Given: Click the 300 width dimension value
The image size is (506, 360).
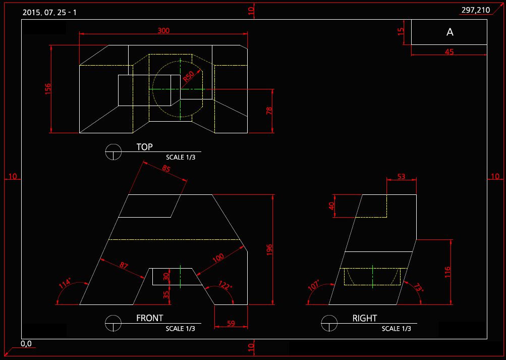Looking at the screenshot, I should click(x=163, y=30).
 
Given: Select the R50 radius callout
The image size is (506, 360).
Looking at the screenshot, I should click(x=188, y=77).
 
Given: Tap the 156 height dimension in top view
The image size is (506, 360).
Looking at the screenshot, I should click(x=48, y=89).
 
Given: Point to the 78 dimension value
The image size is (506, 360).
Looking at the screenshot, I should click(x=269, y=111).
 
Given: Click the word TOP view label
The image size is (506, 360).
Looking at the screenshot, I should click(x=144, y=147).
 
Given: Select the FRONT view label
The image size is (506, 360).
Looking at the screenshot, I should click(x=150, y=318).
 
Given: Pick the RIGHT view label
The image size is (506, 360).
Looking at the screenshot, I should click(x=365, y=318).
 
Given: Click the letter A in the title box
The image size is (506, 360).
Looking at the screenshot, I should click(x=450, y=32).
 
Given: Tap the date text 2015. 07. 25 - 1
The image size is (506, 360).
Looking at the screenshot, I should click(x=49, y=12).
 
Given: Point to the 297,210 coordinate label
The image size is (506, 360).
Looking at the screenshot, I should click(x=476, y=10).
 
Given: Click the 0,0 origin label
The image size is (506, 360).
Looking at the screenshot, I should click(x=26, y=344).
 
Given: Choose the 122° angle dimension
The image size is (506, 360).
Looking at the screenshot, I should click(x=226, y=287).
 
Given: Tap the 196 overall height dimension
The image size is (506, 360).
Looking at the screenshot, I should click(x=269, y=249).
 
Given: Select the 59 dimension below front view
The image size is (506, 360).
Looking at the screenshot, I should click(x=231, y=323).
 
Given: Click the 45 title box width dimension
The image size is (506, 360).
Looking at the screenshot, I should click(x=449, y=52).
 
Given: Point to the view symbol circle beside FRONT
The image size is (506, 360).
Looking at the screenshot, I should click(x=114, y=323).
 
